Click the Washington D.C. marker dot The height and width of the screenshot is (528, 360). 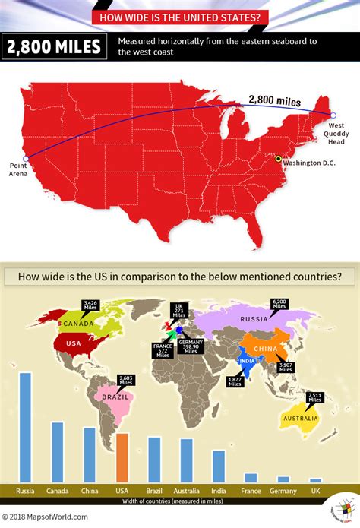tap(278, 159)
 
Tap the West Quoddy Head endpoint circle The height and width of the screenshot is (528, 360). tap(333, 115)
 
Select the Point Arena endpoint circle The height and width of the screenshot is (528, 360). tap(26, 159)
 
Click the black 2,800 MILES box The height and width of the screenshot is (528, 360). tap(55, 47)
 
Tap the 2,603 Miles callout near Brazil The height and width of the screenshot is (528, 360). tap(125, 381)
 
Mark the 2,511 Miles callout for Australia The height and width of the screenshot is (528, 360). tap(314, 397)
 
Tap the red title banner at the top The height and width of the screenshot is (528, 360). tap(180, 16)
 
